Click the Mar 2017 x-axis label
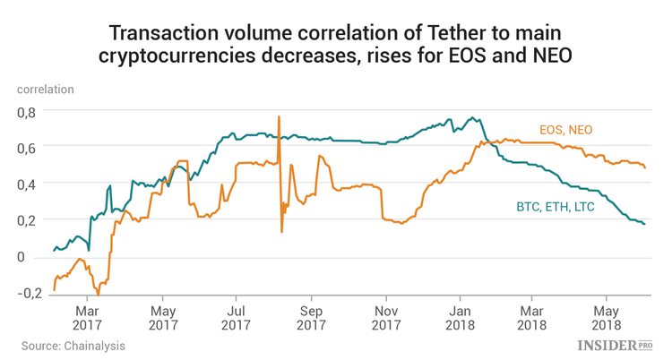click(87, 309)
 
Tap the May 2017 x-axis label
click(161, 309)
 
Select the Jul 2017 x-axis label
click(236, 309)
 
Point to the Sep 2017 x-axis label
click(311, 309)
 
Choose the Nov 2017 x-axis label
click(385, 309)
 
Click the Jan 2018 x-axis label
click(460, 309)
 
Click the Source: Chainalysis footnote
click(73, 345)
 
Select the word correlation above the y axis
click(45, 89)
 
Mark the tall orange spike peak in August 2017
click(280, 116)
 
